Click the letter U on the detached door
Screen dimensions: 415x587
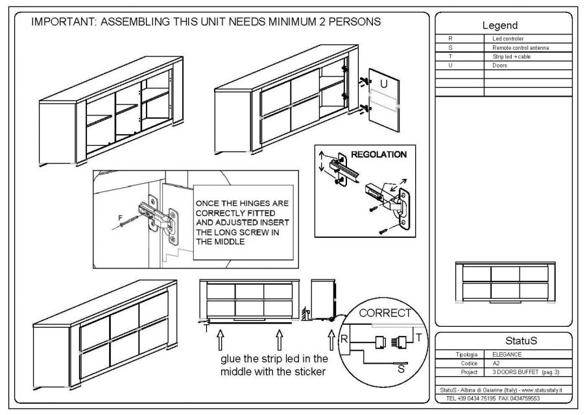[x=383, y=84]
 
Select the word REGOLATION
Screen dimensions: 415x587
[x=379, y=155]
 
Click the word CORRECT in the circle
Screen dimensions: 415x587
[x=385, y=313]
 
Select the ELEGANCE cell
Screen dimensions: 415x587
[x=507, y=355]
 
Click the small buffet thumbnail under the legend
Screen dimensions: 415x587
[x=506, y=283]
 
